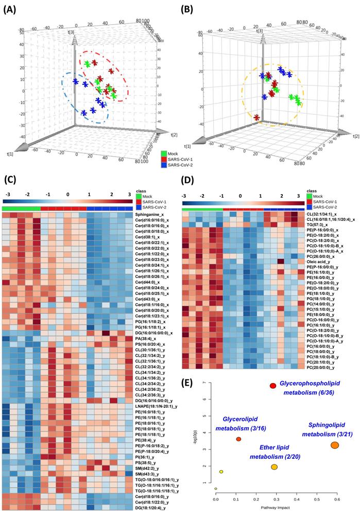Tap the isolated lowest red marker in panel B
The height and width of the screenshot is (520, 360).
click(x=256, y=118)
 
